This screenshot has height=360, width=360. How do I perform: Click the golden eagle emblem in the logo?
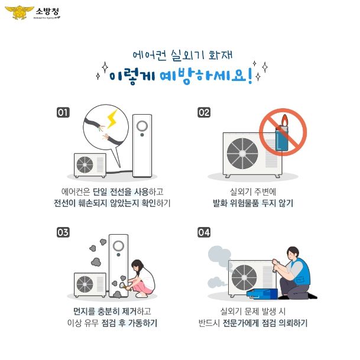pyautogui.click(x=19, y=12)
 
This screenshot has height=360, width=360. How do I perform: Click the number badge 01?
pyautogui.click(x=63, y=112)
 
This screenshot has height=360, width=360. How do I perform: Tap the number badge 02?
pyautogui.click(x=204, y=112)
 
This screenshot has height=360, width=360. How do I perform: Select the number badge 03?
pyautogui.click(x=63, y=232)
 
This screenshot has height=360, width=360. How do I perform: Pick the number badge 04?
pyautogui.click(x=204, y=232)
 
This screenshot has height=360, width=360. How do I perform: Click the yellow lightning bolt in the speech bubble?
pyautogui.click(x=112, y=118)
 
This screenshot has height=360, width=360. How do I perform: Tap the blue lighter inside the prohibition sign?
pyautogui.click(x=282, y=138)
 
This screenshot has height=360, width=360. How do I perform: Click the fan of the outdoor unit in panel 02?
pyautogui.click(x=242, y=153)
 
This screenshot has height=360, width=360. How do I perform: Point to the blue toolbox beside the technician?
pyautogui.click(x=262, y=294)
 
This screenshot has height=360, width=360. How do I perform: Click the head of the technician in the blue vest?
pyautogui.click(x=293, y=253)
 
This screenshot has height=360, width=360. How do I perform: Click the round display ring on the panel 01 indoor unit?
pyautogui.click(x=142, y=126)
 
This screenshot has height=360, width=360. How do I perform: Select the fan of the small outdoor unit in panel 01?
pyautogui.click(x=85, y=165)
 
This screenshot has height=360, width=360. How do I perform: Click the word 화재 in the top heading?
pyautogui.click(x=220, y=56)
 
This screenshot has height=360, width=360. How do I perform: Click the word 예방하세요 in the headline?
pyautogui.click(x=203, y=76)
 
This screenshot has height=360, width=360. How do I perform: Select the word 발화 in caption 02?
pyautogui.click(x=220, y=203)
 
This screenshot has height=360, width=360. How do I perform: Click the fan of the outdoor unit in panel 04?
pyautogui.click(x=244, y=277)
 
